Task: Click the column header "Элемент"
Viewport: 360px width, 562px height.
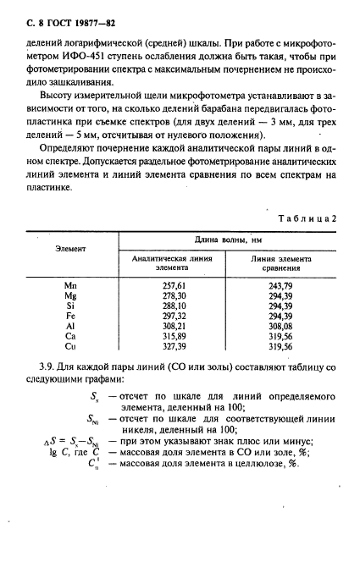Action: [71, 249]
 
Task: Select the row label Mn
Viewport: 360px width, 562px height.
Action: [71, 286]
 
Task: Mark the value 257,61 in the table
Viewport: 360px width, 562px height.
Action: [174, 286]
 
